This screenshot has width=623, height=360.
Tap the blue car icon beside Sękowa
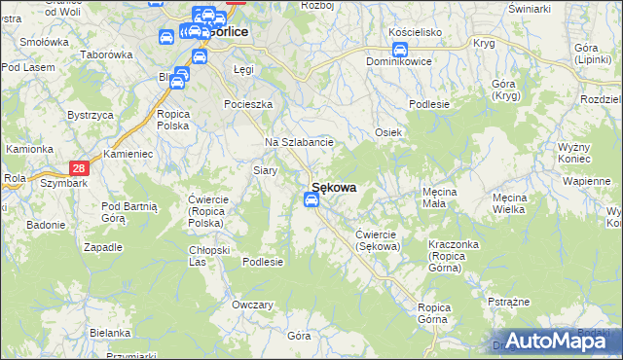(x=311, y=200)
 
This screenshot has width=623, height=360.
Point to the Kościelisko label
(x=416, y=32)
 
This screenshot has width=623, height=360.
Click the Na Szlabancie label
(x=300, y=142)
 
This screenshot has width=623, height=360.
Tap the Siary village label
(x=266, y=170)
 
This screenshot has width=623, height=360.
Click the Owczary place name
(x=252, y=305)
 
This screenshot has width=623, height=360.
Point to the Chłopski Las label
(x=208, y=255)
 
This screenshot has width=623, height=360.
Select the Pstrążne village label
(x=507, y=302)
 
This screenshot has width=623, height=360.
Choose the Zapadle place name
(x=103, y=246)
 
